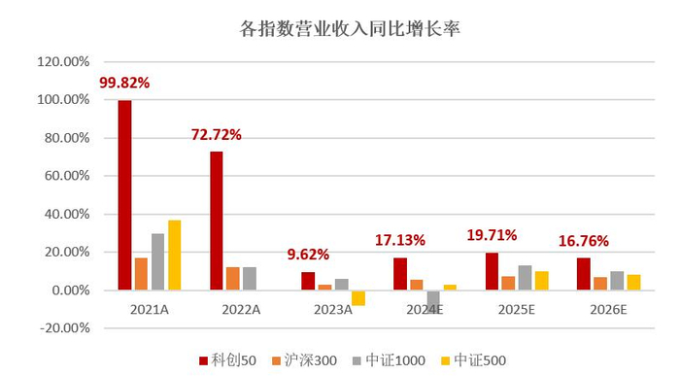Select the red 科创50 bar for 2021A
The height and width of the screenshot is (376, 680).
tap(124, 194)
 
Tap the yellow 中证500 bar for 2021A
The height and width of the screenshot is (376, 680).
tap(175, 255)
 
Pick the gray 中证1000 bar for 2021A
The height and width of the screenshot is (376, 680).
tap(157, 261)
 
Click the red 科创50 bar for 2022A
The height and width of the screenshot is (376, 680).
tap(217, 221)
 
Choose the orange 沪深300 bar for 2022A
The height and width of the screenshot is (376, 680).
tap(233, 279)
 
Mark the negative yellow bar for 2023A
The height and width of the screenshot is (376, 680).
tap(358, 297)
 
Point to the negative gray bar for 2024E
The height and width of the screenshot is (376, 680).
tap(433, 302)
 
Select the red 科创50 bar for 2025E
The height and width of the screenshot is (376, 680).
tap(492, 271)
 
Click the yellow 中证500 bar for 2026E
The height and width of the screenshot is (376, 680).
tap(633, 282)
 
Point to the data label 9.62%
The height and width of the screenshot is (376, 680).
tap(308, 255)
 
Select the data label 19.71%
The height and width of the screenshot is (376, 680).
tap(492, 235)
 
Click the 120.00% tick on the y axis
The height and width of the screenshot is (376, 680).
tap(63, 61)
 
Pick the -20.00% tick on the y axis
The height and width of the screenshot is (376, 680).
tap(63, 328)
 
